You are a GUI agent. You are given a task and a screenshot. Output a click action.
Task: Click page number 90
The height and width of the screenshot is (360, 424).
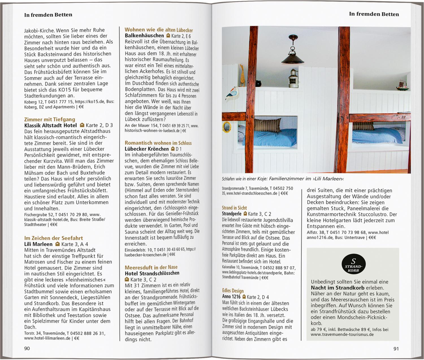pyautogui.click(x=27, y=348)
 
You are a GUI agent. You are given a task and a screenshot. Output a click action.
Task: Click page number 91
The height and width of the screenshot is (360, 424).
pyautogui.click(x=396, y=349)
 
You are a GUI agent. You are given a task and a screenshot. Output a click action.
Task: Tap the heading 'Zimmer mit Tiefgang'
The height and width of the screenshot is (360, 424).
pyautogui.click(x=49, y=119)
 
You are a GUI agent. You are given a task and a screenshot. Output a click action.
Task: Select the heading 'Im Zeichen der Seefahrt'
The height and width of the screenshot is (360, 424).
pyautogui.click(x=53, y=238)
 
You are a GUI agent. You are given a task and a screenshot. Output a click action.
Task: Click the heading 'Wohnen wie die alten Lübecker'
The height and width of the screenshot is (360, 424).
pyautogui.click(x=159, y=30)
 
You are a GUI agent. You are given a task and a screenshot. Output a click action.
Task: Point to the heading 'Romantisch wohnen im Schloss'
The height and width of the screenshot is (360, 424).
pyautogui.click(x=158, y=143)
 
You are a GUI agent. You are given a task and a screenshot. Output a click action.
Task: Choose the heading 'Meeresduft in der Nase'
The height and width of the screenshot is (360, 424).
pyautogui.click(x=151, y=267)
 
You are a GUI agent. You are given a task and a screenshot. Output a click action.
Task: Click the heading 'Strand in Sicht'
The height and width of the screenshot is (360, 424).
pyautogui.click(x=234, y=208)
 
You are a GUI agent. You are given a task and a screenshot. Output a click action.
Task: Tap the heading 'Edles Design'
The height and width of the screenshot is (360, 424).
pyautogui.click(x=233, y=290)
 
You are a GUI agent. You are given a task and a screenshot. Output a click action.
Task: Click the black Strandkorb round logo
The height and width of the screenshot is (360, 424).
pyautogui.click(x=353, y=265)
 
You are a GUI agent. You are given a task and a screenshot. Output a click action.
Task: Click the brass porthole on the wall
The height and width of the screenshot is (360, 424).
pyautogui.click(x=227, y=127)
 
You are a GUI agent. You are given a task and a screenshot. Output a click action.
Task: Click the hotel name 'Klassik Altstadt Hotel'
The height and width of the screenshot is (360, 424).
pyautogui.click(x=50, y=125)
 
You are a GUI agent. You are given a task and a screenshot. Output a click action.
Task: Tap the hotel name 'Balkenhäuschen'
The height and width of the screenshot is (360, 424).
pyautogui.click(x=144, y=36)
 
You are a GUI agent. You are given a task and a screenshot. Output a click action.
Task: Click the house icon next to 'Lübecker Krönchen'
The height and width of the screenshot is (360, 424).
pyautogui.click(x=173, y=149)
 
